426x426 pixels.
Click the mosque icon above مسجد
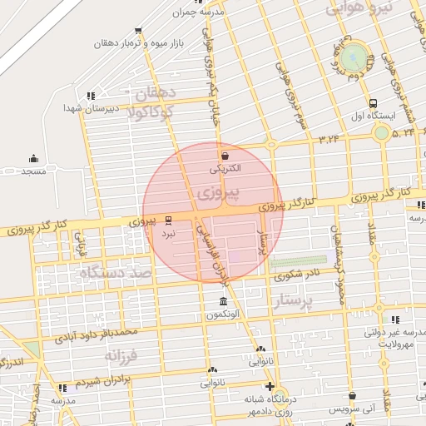click(x=33, y=158)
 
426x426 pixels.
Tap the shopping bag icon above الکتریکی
click(x=225, y=155)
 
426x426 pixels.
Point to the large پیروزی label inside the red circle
click(x=218, y=195)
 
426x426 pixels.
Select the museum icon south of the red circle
click(x=222, y=301)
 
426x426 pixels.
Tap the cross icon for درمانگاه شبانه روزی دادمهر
click(x=270, y=386)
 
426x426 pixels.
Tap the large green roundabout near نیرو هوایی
click(x=354, y=57)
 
